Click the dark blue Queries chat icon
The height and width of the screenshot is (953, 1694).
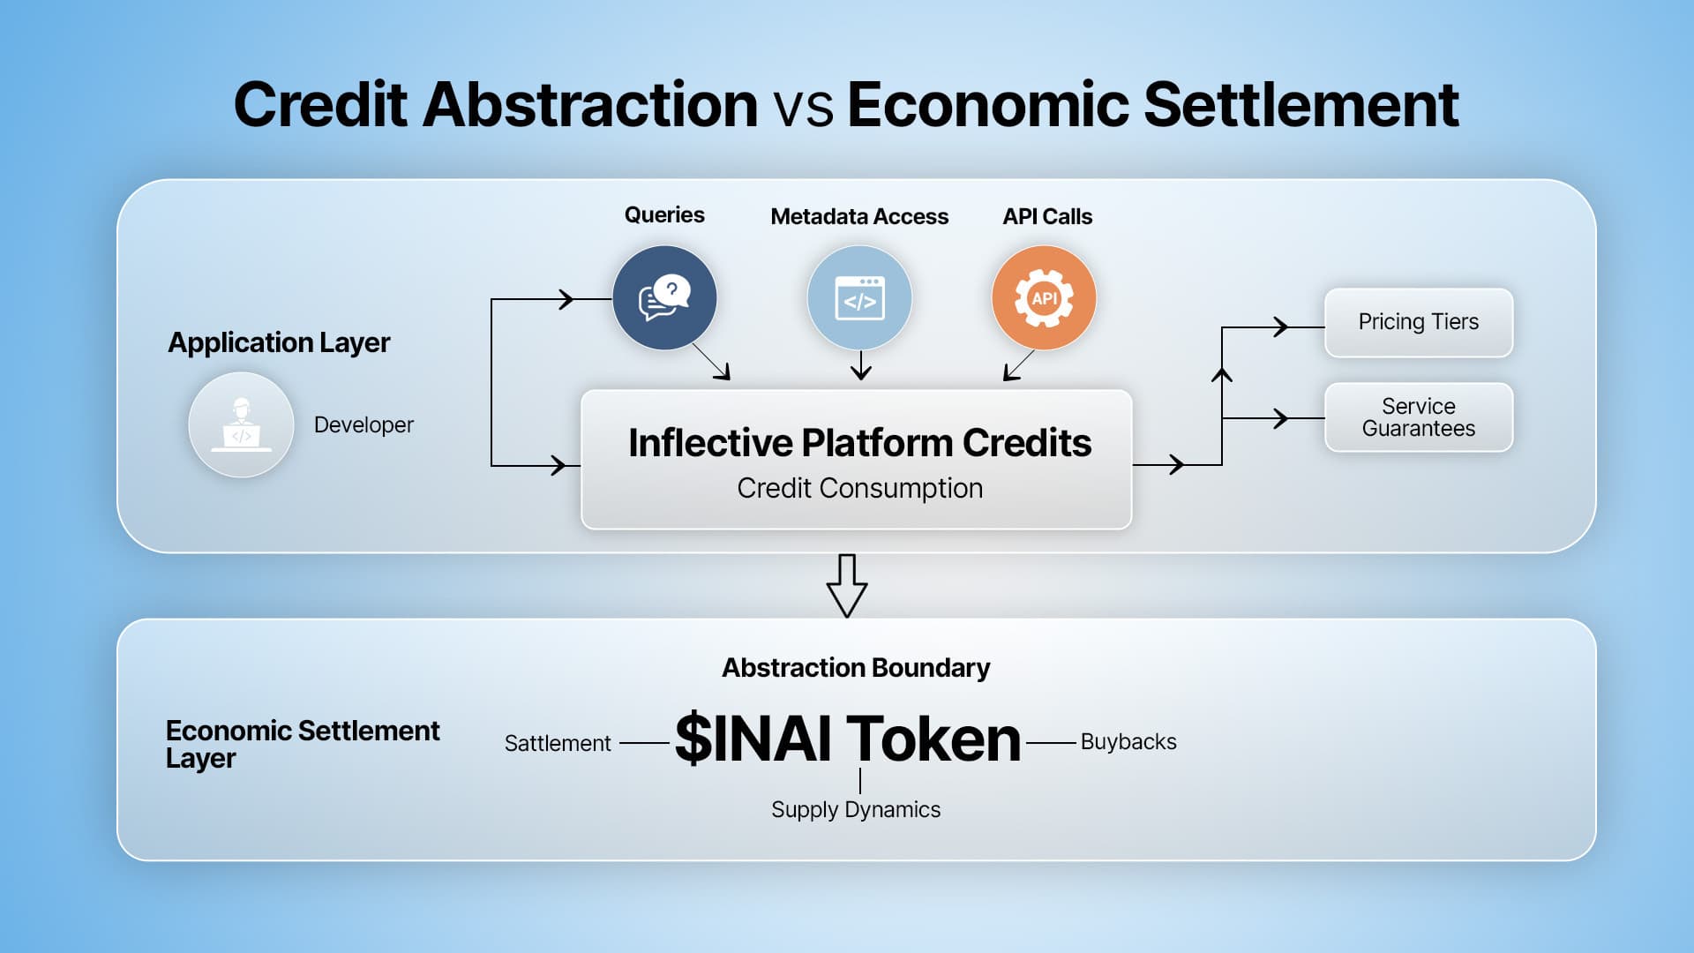point(664,297)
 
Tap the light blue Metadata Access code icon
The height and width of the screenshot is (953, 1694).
point(859,297)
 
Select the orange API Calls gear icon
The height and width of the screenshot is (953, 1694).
point(1044,297)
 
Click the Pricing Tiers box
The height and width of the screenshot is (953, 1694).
point(1418,322)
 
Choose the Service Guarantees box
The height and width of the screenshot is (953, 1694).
point(1418,417)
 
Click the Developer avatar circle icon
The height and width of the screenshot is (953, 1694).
point(241,424)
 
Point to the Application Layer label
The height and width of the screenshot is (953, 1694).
point(279,342)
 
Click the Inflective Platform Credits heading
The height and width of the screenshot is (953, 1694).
point(859,443)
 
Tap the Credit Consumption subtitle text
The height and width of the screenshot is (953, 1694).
point(859,488)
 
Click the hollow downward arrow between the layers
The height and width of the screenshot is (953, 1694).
point(847,586)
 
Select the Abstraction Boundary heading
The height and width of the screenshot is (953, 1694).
point(856,668)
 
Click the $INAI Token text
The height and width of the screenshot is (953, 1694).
point(847,739)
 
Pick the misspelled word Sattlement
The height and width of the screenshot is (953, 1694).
point(558,744)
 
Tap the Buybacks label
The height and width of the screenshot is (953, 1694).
point(1128,742)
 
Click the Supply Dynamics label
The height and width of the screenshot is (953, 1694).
point(856,810)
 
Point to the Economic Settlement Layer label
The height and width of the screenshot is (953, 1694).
point(302,744)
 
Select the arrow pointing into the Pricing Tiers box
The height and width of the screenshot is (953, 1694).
point(1279,327)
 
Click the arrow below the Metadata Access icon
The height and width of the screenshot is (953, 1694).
point(861,365)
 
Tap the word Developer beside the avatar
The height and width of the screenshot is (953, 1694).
point(364,425)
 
